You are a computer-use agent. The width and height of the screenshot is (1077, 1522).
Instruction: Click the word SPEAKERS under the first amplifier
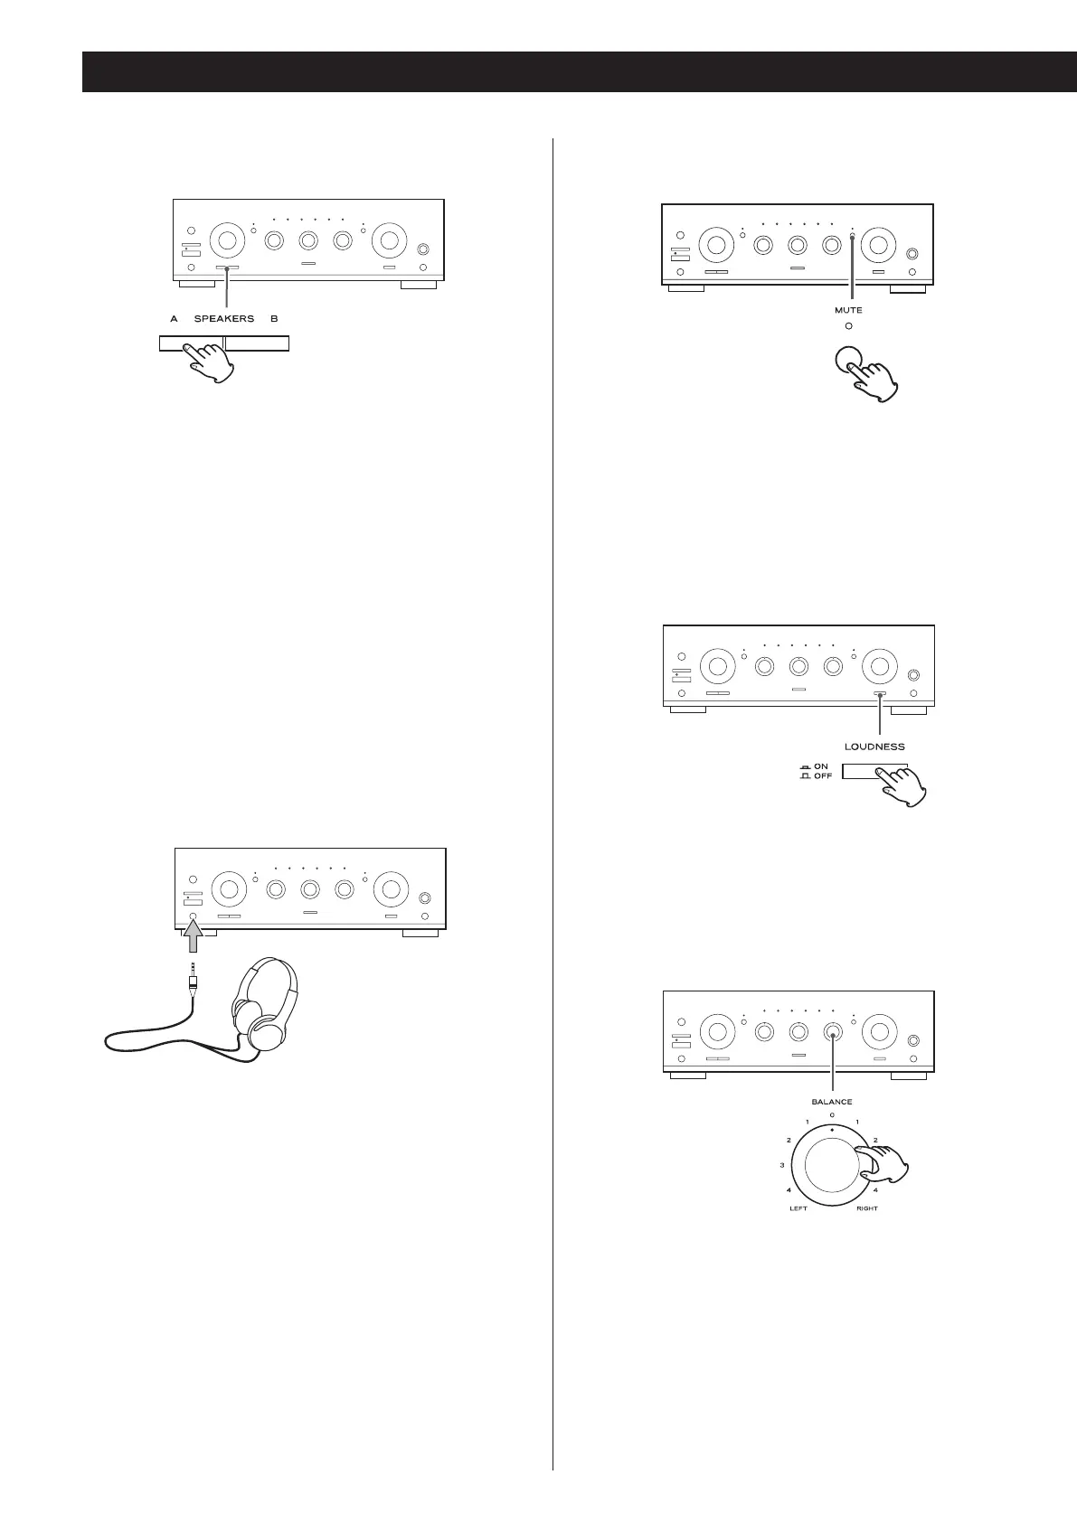pyautogui.click(x=224, y=318)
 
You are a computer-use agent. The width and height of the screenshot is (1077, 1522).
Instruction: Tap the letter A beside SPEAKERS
pyautogui.click(x=173, y=318)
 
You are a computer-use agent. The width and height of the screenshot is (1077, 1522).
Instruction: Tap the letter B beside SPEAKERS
pyautogui.click(x=274, y=318)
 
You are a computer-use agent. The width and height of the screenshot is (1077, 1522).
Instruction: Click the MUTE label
pyautogui.click(x=848, y=310)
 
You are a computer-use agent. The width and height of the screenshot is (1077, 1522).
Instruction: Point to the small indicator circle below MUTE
pyautogui.click(x=848, y=325)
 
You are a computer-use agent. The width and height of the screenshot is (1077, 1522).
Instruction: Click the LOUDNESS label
pyautogui.click(x=874, y=747)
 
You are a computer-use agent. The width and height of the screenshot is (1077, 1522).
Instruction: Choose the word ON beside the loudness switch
pyautogui.click(x=821, y=766)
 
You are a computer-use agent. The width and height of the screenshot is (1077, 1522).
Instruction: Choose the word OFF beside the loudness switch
pyautogui.click(x=823, y=776)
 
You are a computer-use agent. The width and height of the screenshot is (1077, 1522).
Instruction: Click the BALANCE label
pyautogui.click(x=832, y=1102)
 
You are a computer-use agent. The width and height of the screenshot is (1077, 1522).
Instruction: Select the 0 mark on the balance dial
pyautogui.click(x=832, y=1115)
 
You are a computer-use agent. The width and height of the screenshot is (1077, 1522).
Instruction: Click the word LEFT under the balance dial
pyautogui.click(x=798, y=1208)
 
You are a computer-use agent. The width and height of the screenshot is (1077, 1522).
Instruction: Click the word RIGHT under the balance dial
pyautogui.click(x=867, y=1208)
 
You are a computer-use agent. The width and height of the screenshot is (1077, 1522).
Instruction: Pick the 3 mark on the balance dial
pyautogui.click(x=782, y=1165)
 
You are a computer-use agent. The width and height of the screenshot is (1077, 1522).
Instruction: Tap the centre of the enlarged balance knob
pyautogui.click(x=832, y=1169)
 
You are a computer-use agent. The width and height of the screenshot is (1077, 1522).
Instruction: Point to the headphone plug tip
pyautogui.click(x=193, y=970)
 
